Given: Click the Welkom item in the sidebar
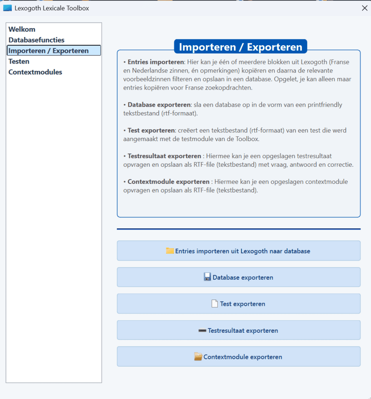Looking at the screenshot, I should (22, 29).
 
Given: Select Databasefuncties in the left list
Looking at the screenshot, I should (37, 40).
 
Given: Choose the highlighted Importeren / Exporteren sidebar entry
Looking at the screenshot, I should (49, 51).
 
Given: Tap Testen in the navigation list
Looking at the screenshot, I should (19, 62).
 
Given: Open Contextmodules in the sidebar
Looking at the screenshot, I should (35, 72).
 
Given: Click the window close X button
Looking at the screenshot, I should (364, 8).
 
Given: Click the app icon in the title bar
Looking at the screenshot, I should (7, 8).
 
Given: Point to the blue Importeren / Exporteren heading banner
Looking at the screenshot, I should (240, 47).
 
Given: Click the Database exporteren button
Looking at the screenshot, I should (238, 277).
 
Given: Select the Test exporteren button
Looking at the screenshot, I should (238, 304).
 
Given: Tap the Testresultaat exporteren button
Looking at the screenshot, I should (238, 330).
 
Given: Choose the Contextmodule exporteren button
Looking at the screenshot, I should (238, 357).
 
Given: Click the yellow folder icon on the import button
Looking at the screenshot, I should (170, 251).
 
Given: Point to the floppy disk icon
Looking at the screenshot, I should (207, 277).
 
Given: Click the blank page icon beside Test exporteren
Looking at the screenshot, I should (215, 304).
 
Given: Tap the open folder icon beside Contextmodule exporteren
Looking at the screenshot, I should (198, 357).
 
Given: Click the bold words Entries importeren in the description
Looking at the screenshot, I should (156, 62).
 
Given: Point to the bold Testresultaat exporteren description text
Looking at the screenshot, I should (164, 156).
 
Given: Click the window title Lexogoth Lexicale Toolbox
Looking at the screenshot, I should (52, 8).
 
